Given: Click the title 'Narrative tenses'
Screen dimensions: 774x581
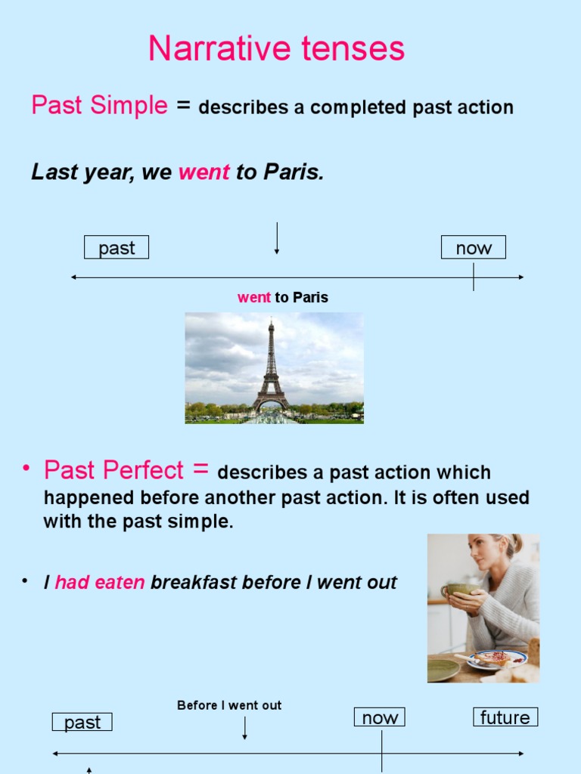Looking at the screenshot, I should click(x=276, y=49).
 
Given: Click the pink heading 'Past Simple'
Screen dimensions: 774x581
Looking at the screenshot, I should click(x=99, y=105).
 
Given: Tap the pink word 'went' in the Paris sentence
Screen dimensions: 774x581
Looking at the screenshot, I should click(x=204, y=172).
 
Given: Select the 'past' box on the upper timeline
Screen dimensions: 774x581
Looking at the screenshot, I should click(x=116, y=248).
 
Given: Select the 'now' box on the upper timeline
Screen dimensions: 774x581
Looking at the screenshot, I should click(x=474, y=248).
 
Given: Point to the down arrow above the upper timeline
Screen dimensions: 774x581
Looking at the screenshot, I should click(x=277, y=238).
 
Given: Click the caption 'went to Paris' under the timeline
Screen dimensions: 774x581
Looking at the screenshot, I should click(x=283, y=298).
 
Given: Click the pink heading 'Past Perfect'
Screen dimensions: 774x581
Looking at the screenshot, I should click(x=113, y=471).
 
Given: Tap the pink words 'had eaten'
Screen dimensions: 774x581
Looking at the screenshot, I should click(x=100, y=583).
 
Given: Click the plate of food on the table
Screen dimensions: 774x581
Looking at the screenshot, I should click(x=496, y=658).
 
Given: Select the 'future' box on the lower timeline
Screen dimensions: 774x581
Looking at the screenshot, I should click(x=505, y=717).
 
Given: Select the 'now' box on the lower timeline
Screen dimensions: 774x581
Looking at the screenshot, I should click(x=380, y=717).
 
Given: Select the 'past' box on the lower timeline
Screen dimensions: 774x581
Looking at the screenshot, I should click(x=82, y=723).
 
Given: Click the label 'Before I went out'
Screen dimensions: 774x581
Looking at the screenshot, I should click(x=229, y=705).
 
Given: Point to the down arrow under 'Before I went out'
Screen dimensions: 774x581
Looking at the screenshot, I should click(x=244, y=728).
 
